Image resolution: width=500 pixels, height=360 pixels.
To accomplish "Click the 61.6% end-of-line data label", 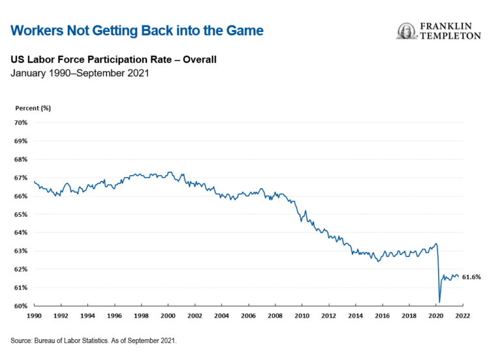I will (471, 277).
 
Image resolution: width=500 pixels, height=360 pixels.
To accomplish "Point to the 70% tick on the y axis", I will (20, 122).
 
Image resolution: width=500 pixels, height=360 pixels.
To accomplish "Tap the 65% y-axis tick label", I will (20, 214).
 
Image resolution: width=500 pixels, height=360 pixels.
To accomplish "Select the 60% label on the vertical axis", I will (20, 306).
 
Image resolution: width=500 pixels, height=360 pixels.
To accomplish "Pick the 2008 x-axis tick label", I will (274, 315).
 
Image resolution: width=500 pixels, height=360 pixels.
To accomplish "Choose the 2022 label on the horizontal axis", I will (462, 315).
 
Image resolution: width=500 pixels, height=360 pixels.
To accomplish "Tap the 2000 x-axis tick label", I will (167, 315).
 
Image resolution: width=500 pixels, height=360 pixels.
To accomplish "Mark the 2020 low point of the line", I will (439, 302).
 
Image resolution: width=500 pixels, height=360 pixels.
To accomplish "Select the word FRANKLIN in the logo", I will (451, 27).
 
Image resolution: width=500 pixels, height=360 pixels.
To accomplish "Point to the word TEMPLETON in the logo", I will (449, 36).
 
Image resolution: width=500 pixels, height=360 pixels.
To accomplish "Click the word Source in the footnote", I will (23, 340).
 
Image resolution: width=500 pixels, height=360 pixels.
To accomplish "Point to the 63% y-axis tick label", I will (20, 251).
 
